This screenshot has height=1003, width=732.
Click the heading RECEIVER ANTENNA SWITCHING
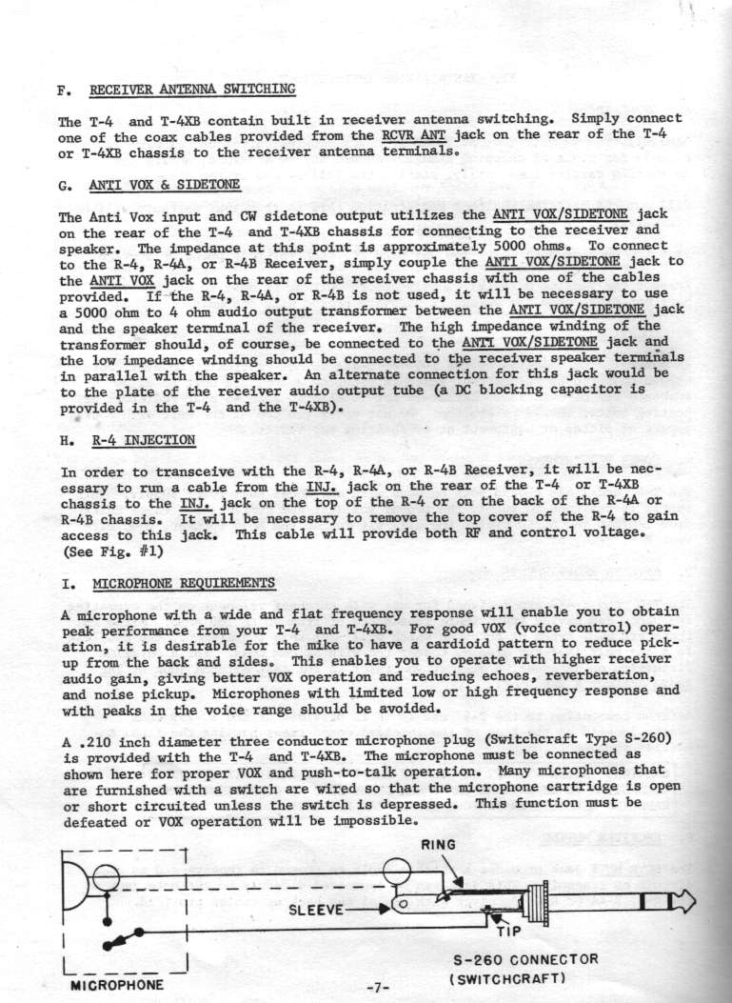click(192, 90)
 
